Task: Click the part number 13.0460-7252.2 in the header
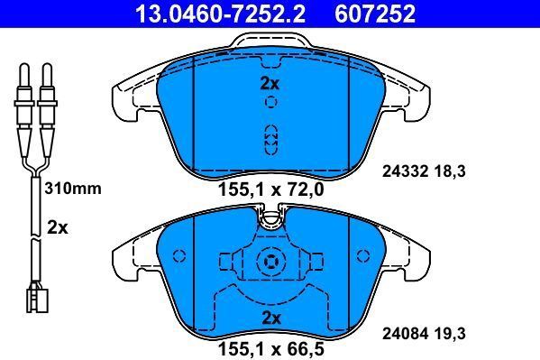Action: [x=220, y=14]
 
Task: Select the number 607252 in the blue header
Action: [x=375, y=14]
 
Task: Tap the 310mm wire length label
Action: [x=73, y=189]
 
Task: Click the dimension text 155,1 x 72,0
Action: [x=271, y=189]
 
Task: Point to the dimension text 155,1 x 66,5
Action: [x=271, y=349]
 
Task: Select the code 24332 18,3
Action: [x=424, y=171]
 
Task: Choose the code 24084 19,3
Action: [x=424, y=334]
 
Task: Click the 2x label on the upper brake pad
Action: [x=270, y=83]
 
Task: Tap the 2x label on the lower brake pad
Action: [x=271, y=318]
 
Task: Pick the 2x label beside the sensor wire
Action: [x=58, y=228]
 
